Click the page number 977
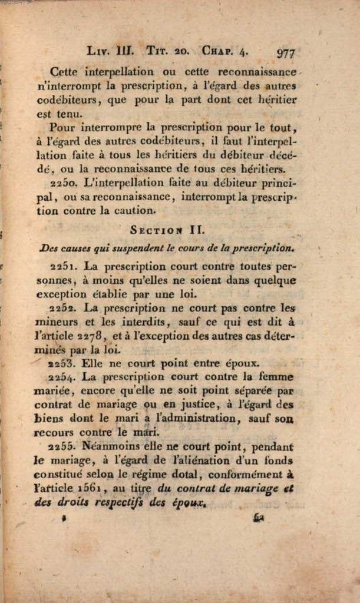tap(286, 52)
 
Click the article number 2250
tap(62, 183)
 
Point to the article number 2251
tap(62, 266)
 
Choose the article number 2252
tap(63, 307)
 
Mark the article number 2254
tap(62, 377)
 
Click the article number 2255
tap(62, 446)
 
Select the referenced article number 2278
tap(91, 336)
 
